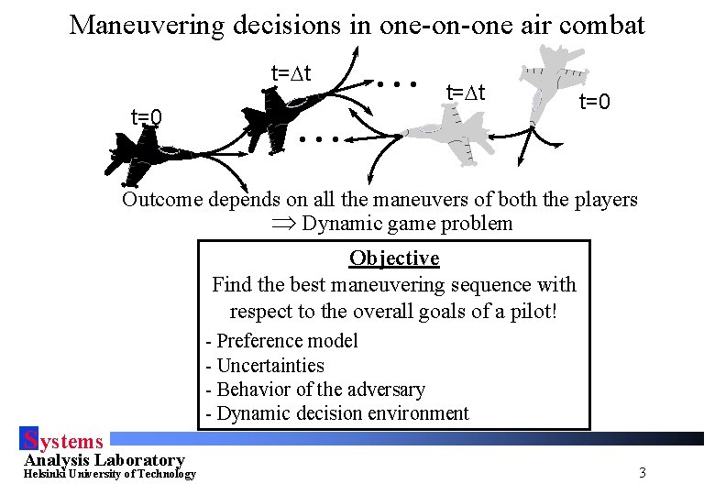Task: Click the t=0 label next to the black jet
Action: pyautogui.click(x=147, y=116)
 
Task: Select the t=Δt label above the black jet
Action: pyautogui.click(x=291, y=71)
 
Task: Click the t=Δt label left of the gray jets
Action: pyautogui.click(x=466, y=93)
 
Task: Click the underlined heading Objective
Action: pyautogui.click(x=394, y=258)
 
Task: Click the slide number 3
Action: pyautogui.click(x=642, y=473)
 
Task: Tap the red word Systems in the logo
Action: pyautogui.click(x=63, y=442)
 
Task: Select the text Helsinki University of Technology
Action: pyautogui.click(x=109, y=474)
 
